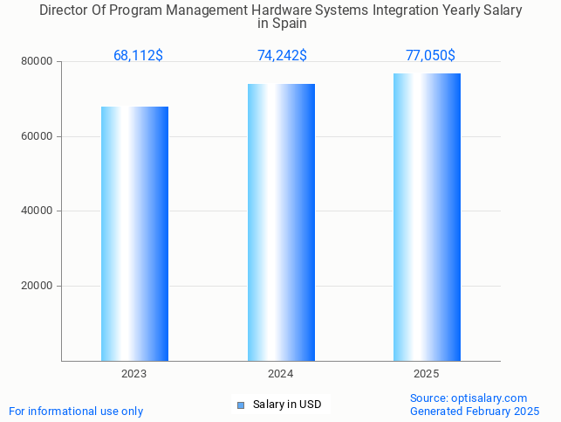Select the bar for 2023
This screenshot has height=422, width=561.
pos(134,233)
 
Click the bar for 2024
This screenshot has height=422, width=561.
pos(281,222)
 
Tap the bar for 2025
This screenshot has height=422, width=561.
pos(427,217)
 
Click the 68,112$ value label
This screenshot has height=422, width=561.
pos(138,56)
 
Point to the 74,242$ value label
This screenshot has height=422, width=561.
pos(282,56)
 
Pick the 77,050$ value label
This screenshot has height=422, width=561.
pos(430,56)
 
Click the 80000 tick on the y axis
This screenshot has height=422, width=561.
pos(38,62)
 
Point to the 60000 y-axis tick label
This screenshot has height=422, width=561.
pos(38,136)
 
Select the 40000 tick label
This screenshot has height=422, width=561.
pos(38,211)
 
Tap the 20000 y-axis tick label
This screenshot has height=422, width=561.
pos(38,286)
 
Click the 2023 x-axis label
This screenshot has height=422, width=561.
pos(134,374)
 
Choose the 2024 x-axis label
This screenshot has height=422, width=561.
pos(280,374)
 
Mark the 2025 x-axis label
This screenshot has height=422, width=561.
pos(427,374)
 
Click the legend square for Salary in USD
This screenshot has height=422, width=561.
pos(241,405)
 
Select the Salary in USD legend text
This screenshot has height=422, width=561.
pos(287,405)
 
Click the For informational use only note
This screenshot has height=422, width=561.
pos(76,412)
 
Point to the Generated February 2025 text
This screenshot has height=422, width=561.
pos(475,412)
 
